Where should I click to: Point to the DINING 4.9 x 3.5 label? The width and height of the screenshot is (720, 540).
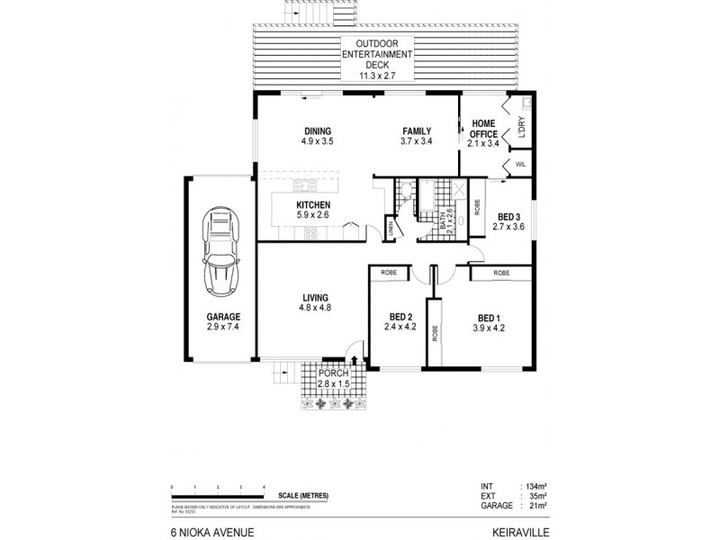316,135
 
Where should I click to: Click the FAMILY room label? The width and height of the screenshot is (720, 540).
417,135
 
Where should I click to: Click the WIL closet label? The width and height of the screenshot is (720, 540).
519,164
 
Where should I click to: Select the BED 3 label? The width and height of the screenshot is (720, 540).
508,221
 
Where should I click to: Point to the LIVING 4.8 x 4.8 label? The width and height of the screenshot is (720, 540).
315,302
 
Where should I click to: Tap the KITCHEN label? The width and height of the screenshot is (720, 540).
313,210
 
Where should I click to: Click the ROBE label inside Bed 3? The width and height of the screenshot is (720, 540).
476,206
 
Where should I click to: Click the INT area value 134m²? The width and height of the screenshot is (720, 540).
537,487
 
